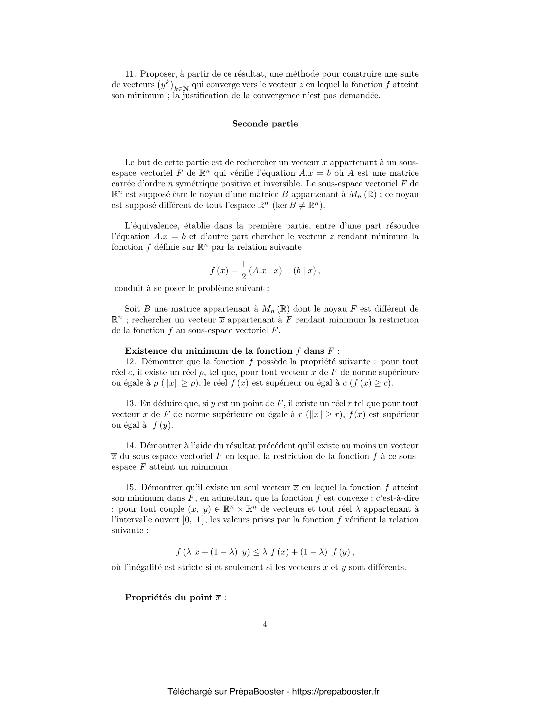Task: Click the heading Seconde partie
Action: point(265,124)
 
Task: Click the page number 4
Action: point(265,624)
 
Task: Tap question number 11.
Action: point(130,74)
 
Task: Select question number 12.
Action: point(131,362)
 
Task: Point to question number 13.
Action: point(130,404)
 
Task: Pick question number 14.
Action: point(130,446)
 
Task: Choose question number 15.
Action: point(130,488)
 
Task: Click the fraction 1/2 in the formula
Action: point(244,270)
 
